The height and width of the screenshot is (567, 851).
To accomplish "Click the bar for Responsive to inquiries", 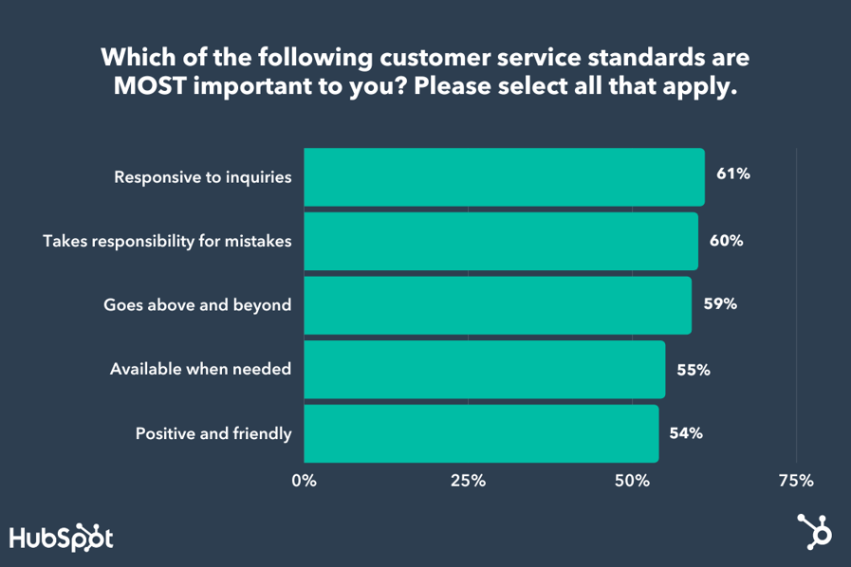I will tap(504, 177).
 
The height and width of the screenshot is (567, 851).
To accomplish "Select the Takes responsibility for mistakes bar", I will tap(501, 241).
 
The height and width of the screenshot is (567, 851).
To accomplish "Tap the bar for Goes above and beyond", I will tap(497, 305).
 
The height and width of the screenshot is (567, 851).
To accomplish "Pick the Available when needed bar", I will tap(484, 370).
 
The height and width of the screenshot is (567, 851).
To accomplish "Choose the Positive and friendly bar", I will tap(481, 433).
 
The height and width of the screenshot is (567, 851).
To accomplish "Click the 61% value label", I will tap(733, 175).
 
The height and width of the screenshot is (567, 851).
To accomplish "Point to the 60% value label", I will tap(727, 240).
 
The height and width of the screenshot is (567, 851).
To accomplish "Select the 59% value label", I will tap(720, 304).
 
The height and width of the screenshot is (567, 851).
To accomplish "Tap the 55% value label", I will tap(694, 370).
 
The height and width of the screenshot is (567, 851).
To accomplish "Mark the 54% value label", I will tap(686, 433).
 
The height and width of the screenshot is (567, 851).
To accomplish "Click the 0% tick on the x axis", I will tap(305, 481).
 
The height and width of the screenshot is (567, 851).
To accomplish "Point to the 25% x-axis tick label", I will tap(468, 481).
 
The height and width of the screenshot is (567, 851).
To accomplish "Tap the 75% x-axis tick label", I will tap(796, 481).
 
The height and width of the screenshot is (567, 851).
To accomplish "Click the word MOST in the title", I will tap(145, 86).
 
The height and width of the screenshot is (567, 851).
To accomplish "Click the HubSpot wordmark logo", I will tap(62, 538).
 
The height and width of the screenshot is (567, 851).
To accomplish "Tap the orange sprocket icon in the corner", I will tap(814, 533).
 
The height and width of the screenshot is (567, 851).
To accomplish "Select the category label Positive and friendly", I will tap(213, 434).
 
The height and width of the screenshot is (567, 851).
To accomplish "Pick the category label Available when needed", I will tap(200, 370).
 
